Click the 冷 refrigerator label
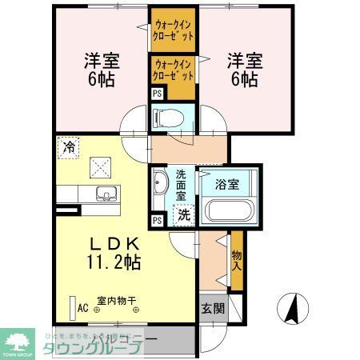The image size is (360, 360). point(69,148)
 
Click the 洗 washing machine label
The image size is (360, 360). point(183,214)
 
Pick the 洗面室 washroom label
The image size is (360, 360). point(182,184)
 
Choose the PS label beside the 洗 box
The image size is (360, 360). point(157,220)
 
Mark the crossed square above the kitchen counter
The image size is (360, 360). point(102,166)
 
